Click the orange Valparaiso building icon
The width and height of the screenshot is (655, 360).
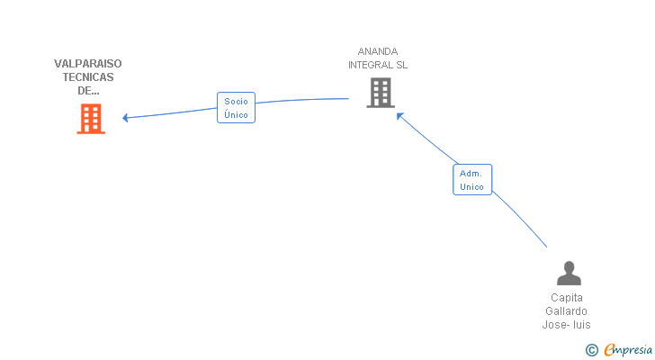(91, 119)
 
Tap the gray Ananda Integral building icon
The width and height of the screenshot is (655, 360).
(381, 93)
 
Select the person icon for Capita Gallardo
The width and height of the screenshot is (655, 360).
(569, 273)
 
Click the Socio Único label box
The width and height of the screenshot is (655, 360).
(236, 108)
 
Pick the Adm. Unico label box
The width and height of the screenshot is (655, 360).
(472, 180)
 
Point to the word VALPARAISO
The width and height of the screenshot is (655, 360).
(88, 64)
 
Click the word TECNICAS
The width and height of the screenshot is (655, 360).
(88, 77)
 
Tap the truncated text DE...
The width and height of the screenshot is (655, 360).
(88, 91)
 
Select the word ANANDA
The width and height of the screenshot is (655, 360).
(378, 51)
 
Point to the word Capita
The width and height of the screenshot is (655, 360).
(567, 298)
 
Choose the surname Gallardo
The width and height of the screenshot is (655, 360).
(567, 311)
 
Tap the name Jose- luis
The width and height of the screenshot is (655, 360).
(567, 325)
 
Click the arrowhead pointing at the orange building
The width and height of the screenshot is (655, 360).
(125, 118)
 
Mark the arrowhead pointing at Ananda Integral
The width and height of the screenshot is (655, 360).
(399, 116)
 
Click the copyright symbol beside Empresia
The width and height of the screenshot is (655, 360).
(591, 350)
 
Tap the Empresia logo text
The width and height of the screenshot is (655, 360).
(628, 349)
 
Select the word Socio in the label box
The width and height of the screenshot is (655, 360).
(236, 101)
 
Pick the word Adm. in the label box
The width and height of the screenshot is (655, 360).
(471, 174)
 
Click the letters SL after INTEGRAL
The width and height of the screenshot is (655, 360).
(402, 65)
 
